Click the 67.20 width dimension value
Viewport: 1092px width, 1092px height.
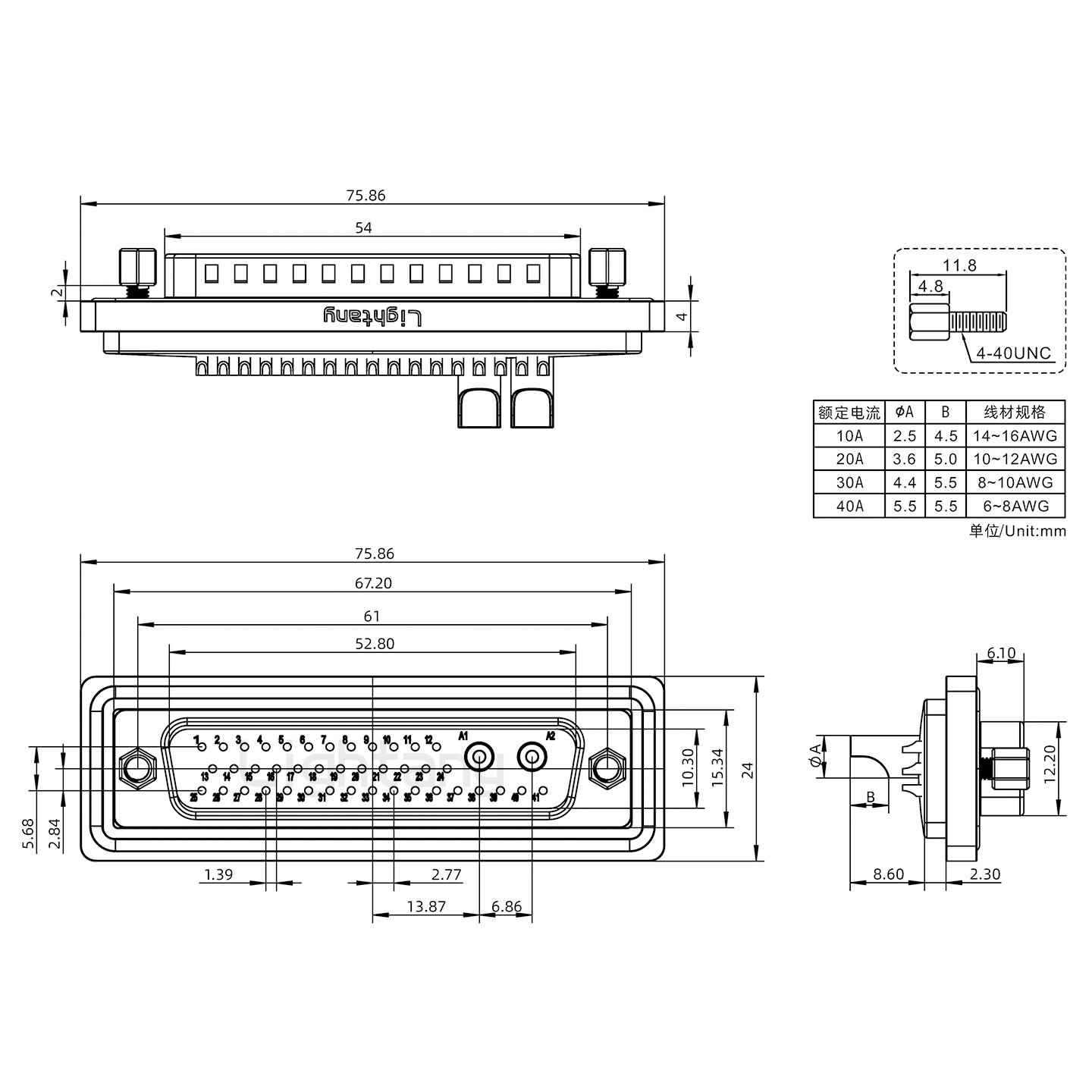(x=373, y=583)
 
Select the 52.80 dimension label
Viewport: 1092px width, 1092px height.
(x=375, y=644)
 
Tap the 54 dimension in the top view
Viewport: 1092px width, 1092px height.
(x=364, y=227)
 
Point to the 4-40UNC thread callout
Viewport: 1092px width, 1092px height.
(x=1013, y=353)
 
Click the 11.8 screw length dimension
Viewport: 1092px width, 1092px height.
(x=959, y=265)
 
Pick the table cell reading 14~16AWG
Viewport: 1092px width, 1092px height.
(x=1015, y=436)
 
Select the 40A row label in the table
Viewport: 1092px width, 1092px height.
(x=849, y=507)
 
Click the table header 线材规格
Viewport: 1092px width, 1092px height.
(x=1015, y=412)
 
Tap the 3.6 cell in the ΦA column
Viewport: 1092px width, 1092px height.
(x=905, y=460)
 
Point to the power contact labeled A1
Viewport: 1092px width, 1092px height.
(x=480, y=757)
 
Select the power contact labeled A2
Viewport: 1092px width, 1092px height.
(x=532, y=757)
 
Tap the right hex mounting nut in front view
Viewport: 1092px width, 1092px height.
(x=606, y=769)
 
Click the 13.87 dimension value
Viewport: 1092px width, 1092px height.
(x=426, y=906)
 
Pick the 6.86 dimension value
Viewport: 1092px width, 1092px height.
(x=507, y=906)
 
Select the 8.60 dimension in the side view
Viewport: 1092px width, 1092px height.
(x=887, y=874)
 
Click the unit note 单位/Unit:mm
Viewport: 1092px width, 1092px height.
(x=1017, y=531)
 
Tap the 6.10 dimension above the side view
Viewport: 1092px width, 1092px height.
(x=1001, y=653)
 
